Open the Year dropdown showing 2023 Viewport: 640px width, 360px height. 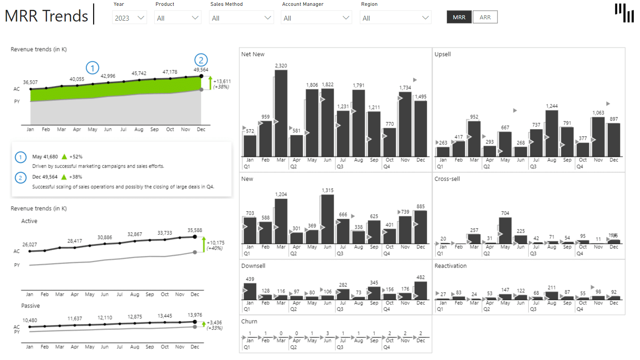pos(130,18)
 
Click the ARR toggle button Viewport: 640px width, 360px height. pos(485,17)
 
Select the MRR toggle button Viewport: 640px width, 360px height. pos(459,17)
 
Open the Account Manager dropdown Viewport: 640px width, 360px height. pos(316,18)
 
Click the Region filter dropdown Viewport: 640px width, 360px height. pos(395,18)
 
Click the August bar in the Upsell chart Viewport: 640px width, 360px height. pos(552,133)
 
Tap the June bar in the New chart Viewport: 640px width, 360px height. pos(328,219)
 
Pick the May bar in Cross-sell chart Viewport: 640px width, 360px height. pos(505,230)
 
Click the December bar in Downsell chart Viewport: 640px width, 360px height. pos(420,291)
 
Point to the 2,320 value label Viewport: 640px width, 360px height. pos(281,65)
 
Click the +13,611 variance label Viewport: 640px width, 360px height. pos(222,81)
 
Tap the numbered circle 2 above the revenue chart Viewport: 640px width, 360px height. pos(201,60)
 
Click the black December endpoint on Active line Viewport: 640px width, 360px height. pos(195,237)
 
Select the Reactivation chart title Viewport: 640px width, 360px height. pos(450,266)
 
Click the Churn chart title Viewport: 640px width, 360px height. pos(249,321)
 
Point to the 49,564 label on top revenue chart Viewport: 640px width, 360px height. pos(201,69)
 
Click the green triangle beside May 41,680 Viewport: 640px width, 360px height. pos(64,157)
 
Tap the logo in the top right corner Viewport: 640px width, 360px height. pos(624,13)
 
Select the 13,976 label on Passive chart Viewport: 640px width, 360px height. pos(194,315)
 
